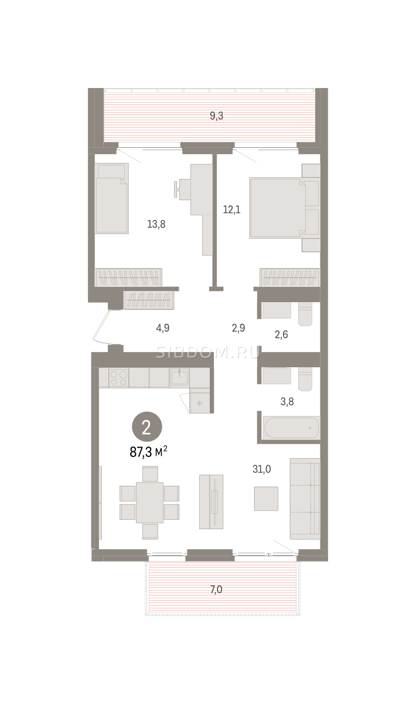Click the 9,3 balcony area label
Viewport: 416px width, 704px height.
click(216, 116)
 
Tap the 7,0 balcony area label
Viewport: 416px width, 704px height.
click(216, 590)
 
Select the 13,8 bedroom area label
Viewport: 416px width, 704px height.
click(156, 224)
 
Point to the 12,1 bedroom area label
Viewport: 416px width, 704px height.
click(231, 209)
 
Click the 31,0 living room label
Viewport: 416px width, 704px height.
click(262, 469)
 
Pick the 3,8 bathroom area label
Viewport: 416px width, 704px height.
click(287, 402)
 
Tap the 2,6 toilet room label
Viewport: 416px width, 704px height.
click(281, 334)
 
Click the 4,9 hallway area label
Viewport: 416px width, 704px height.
click(163, 328)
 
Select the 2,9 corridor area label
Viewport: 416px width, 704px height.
click(238, 328)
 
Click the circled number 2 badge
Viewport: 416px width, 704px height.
click(146, 427)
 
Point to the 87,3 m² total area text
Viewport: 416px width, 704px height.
click(148, 452)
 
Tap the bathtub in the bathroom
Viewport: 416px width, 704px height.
click(291, 428)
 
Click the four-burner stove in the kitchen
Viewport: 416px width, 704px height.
click(119, 378)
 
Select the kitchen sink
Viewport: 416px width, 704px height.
click(179, 377)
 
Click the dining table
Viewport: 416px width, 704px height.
click(149, 502)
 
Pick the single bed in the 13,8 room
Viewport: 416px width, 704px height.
click(112, 198)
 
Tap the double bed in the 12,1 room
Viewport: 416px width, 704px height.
click(278, 208)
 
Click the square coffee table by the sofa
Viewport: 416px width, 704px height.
click(266, 499)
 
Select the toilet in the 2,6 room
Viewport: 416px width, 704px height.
click(305, 314)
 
